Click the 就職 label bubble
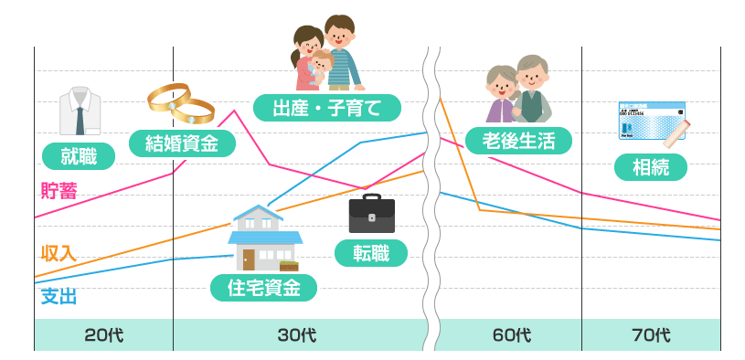tap(78, 156)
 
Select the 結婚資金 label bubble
tap(183, 143)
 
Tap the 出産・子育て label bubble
tap(326, 107)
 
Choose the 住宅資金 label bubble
tap(263, 288)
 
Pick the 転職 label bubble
tap(370, 253)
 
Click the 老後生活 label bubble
tap(518, 140)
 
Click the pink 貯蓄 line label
tap(59, 191)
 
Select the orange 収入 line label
tap(59, 253)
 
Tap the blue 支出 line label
tap(59, 296)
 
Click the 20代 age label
tap(103, 335)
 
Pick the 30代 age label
tap(296, 335)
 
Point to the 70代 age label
tap(651, 335)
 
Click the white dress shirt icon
tap(79, 111)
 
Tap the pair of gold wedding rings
tap(181, 104)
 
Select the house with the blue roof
tap(264, 238)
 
